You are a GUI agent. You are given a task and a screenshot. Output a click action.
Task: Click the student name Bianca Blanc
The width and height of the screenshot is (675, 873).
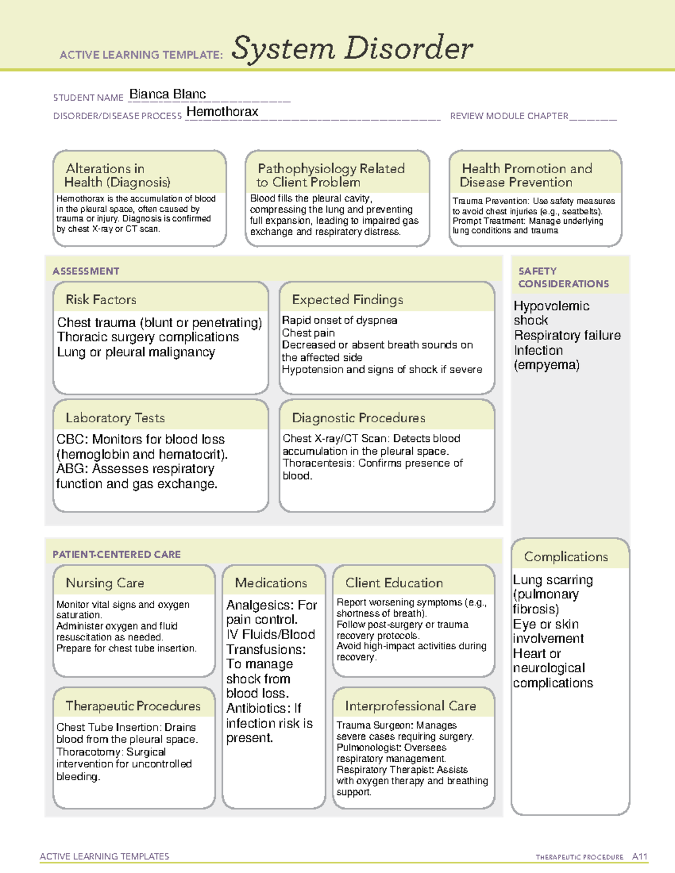tap(168, 94)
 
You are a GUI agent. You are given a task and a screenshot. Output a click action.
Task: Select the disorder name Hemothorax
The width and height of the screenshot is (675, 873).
tap(222, 112)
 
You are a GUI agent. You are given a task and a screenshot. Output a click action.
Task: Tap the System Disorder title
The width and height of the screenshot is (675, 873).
tap(352, 48)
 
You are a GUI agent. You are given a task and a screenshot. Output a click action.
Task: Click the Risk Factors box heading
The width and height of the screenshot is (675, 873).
tap(101, 300)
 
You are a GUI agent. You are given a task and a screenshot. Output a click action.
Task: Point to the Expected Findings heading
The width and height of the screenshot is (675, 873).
tap(347, 300)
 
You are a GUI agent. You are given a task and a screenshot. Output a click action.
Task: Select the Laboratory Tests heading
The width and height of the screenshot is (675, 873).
tap(115, 418)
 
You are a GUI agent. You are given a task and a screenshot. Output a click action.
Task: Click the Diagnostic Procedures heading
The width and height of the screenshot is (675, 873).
tap(358, 418)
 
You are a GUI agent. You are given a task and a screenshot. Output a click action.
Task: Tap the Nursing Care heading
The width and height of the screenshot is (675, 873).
tap(105, 583)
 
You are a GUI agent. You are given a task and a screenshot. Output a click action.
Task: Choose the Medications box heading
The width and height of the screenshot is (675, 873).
tap(271, 583)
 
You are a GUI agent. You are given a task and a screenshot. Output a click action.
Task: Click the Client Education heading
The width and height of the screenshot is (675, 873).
tap(394, 583)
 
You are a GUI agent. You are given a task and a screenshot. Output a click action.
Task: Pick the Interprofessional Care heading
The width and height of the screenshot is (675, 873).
tap(410, 706)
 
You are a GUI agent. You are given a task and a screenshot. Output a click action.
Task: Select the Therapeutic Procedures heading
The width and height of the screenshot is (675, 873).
tap(133, 706)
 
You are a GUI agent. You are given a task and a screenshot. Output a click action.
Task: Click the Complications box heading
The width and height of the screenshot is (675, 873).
tap(565, 557)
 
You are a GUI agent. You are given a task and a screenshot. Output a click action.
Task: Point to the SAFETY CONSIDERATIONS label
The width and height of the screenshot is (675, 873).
tap(563, 278)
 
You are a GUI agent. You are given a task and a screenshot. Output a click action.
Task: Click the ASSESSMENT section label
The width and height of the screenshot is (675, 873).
tap(85, 271)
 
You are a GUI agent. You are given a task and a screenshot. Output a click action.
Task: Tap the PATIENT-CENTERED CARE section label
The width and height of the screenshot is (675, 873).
tap(116, 554)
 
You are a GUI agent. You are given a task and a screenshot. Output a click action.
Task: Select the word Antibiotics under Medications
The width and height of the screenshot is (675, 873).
tap(258, 708)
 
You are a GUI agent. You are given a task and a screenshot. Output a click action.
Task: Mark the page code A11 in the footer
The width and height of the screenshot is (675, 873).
tap(640, 857)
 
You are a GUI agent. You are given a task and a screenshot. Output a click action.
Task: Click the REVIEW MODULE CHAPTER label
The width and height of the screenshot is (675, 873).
tap(508, 116)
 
